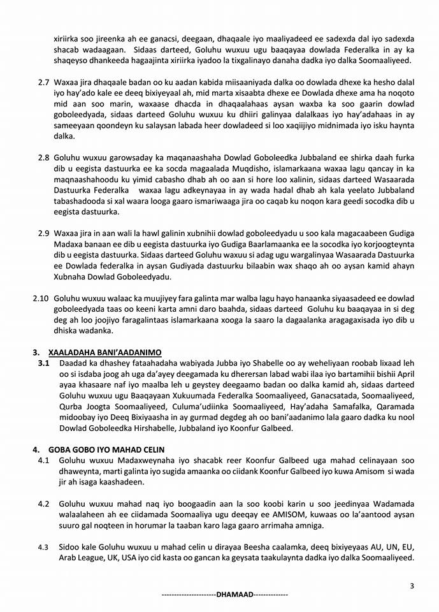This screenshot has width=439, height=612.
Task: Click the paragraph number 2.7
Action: (43, 83)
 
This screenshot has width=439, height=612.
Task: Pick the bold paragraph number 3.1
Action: (43, 363)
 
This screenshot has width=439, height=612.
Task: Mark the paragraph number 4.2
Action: (43, 504)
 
